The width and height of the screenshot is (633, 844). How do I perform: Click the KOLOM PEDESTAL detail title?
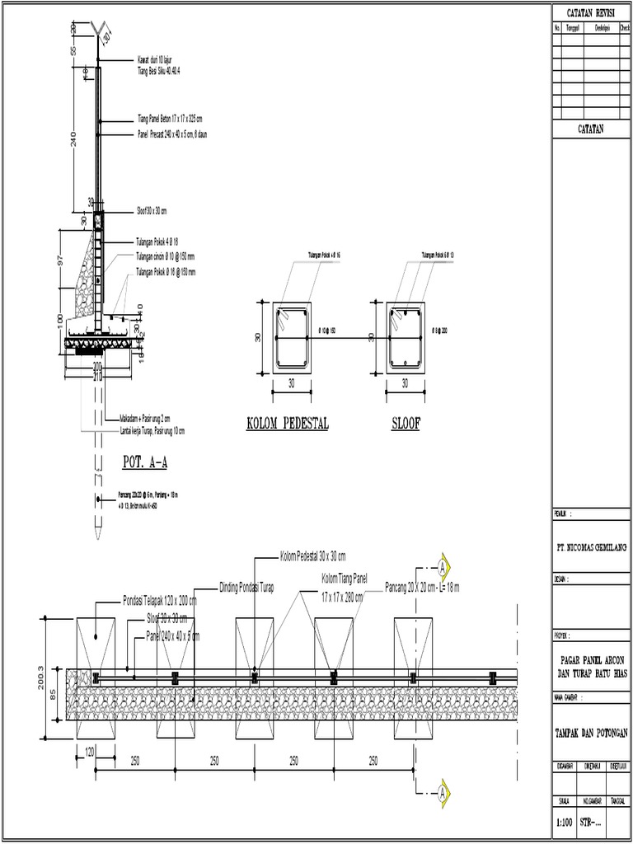pos(288,424)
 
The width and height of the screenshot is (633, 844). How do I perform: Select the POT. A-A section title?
pos(144,462)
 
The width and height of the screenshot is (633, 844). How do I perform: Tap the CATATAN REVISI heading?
pos(590,13)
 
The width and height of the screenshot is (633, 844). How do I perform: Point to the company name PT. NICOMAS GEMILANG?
pos(590,546)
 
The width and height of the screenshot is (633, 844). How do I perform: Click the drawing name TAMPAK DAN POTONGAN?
pos(590,733)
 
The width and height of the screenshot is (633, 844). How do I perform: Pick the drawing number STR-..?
pos(591,821)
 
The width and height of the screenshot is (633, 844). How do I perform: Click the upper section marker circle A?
pos(443,568)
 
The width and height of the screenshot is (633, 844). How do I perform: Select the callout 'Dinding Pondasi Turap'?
pos(246,587)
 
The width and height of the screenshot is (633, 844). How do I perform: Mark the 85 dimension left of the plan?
pos(54,694)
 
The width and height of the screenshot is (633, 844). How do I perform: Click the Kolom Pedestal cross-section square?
pos(292,338)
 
